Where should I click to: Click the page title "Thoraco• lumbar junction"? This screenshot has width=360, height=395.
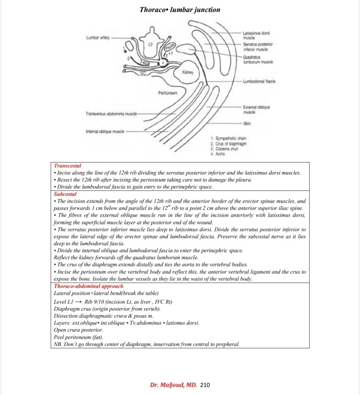[180, 10]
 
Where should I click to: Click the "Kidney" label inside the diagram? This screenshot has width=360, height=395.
[187, 72]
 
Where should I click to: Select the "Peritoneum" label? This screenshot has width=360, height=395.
[167, 93]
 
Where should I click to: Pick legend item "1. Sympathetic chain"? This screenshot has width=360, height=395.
[228, 138]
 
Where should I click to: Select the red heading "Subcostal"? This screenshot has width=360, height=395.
[65, 194]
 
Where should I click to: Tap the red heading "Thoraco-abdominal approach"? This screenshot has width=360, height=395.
[89, 286]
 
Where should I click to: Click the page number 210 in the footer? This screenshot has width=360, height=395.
[205, 385]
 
